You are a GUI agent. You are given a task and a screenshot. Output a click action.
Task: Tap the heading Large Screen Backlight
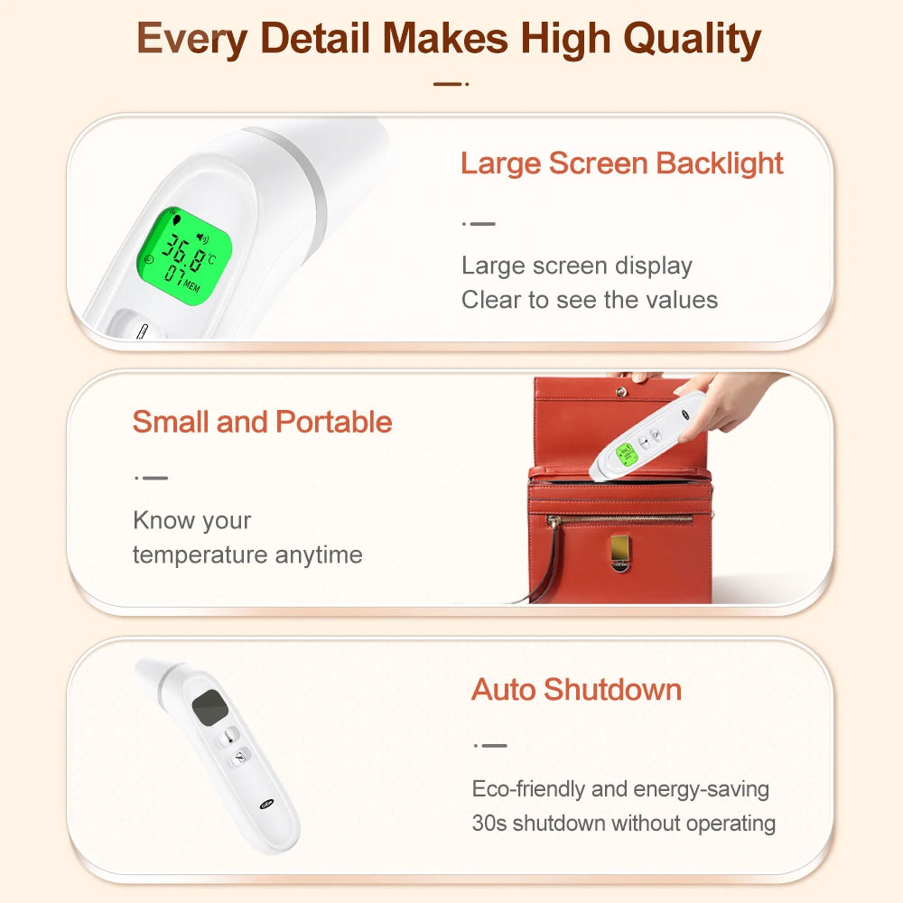621,163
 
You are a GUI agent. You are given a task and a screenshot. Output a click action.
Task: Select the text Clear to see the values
590,300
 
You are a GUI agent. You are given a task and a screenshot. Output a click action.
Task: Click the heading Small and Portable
262,422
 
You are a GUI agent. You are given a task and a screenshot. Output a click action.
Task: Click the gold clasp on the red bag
619,551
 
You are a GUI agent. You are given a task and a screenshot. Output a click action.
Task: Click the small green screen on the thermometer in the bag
624,454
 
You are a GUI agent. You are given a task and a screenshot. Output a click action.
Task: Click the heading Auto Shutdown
576,690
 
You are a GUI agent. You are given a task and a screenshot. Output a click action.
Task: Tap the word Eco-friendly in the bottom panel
528,789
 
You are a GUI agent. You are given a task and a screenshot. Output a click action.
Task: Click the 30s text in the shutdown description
489,824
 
